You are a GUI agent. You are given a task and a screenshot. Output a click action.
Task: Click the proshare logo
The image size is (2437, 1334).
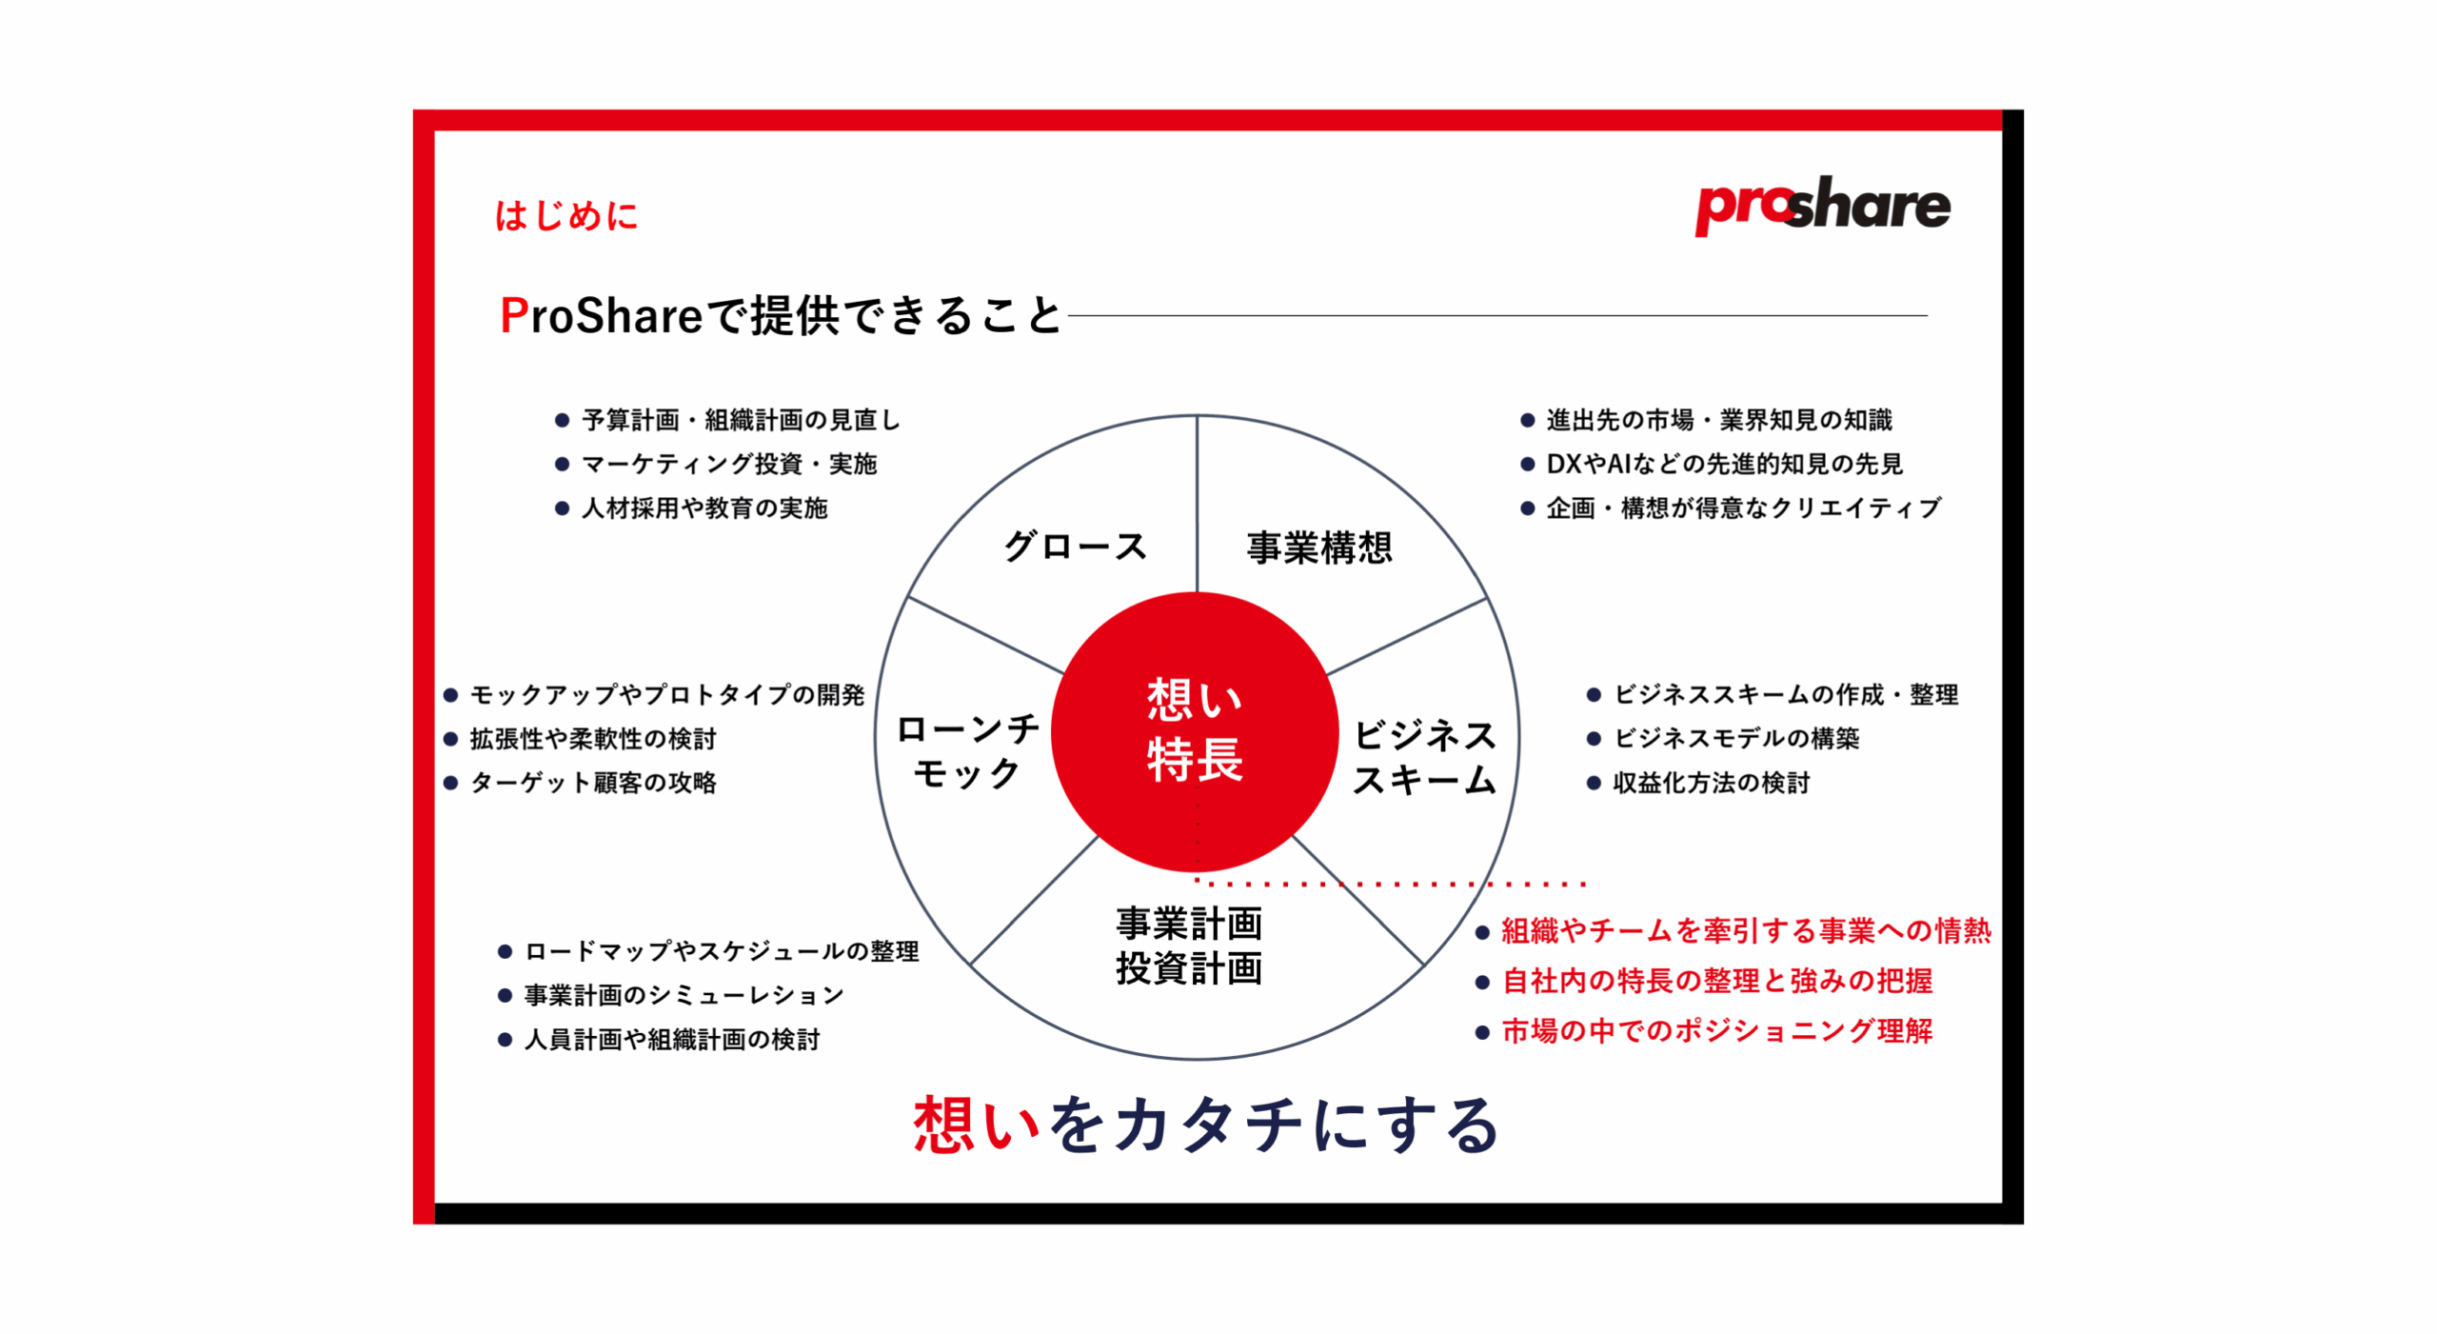tap(1821, 205)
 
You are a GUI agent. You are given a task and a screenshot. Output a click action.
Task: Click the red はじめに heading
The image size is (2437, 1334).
tap(565, 215)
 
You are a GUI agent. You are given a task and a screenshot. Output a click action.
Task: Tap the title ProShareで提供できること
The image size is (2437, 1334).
tap(780, 315)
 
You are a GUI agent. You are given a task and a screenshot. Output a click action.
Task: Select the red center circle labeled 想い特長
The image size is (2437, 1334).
tap(1195, 731)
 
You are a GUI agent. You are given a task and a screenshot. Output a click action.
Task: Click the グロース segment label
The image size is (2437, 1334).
tap(1076, 547)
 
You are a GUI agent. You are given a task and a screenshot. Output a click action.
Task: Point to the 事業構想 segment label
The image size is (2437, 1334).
tap(1319, 548)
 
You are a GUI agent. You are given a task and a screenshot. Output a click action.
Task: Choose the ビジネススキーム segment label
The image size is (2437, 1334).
tap(1424, 757)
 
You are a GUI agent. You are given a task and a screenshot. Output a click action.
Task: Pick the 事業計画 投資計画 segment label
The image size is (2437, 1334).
tap(1189, 946)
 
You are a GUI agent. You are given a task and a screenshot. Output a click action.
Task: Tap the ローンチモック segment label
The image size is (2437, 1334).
tap(968, 751)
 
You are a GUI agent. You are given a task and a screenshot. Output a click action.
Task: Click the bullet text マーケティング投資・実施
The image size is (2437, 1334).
tap(729, 464)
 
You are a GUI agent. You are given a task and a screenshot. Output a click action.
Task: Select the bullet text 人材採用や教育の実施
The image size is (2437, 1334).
tap(704, 508)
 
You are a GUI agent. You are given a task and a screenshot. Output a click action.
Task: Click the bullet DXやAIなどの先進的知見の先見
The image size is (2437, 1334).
tap(1724, 464)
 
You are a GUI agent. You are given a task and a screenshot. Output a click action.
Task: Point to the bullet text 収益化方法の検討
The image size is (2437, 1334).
tap(1711, 783)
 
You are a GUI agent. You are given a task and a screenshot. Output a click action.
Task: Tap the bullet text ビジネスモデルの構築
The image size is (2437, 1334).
tap(1736, 738)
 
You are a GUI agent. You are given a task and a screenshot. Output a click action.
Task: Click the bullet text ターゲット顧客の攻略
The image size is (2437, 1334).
tap(593, 783)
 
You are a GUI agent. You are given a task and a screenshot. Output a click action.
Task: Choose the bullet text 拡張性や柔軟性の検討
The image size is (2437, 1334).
tap(593, 738)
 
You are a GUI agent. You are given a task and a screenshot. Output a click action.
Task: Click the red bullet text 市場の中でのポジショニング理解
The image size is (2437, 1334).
tap(1717, 1030)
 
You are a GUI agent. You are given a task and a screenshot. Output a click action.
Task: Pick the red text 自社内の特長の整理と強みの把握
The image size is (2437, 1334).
tap(1717, 981)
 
